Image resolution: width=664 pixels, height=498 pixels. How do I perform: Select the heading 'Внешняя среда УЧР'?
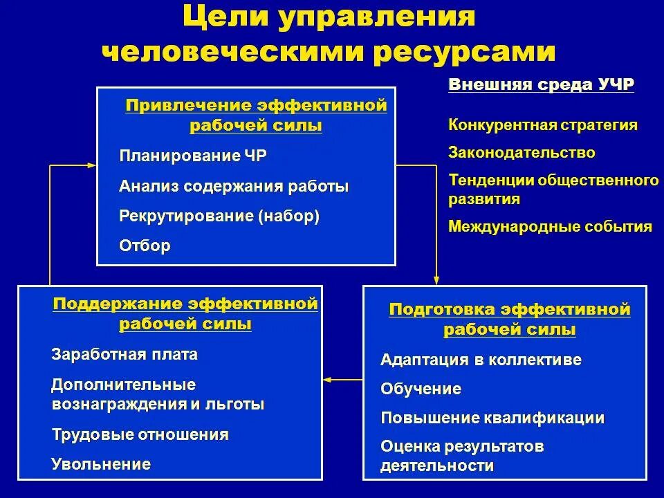[542, 85]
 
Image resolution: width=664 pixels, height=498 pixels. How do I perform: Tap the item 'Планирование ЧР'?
[192, 156]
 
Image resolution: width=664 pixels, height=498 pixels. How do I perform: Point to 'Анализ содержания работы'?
[234, 186]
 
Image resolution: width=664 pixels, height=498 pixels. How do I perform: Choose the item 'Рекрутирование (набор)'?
[219, 216]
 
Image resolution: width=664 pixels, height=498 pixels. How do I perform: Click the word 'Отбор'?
[145, 246]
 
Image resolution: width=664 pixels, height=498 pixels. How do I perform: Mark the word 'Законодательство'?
[522, 152]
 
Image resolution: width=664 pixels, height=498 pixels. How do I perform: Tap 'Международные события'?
[550, 226]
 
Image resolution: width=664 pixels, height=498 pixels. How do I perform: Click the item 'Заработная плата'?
[124, 355]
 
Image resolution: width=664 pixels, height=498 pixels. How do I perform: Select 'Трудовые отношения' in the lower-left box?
[140, 435]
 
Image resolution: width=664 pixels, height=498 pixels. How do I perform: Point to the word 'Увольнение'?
[101, 464]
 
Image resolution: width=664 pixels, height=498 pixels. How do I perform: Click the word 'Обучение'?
[421, 389]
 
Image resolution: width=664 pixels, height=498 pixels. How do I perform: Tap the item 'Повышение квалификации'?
[492, 418]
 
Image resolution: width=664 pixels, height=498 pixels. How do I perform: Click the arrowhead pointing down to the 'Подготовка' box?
[436, 279]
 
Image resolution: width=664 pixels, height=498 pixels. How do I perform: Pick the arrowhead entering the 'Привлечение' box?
[91, 165]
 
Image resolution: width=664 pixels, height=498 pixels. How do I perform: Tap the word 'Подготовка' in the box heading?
[443, 309]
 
